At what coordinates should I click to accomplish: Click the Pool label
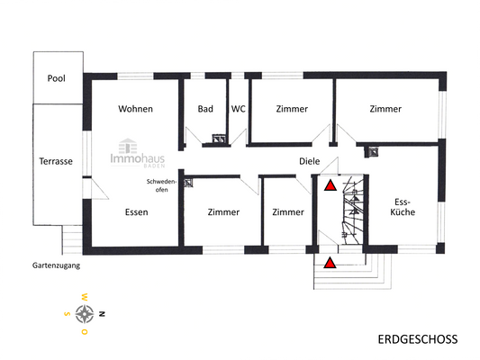click(x=56, y=78)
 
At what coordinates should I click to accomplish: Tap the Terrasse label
click(x=56, y=161)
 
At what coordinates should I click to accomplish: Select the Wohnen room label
click(x=135, y=109)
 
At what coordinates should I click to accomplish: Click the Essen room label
click(x=137, y=212)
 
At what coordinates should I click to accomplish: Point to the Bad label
click(x=205, y=109)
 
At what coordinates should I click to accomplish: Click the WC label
click(x=239, y=109)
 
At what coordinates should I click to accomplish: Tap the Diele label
click(x=311, y=162)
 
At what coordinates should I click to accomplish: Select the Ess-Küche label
click(x=402, y=208)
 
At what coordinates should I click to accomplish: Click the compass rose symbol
click(x=86, y=313)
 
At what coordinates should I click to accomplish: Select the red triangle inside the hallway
click(x=331, y=186)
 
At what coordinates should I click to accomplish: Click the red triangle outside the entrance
click(x=331, y=263)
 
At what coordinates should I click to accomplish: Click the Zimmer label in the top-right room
click(x=385, y=109)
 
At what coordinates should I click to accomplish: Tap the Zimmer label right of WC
click(x=292, y=109)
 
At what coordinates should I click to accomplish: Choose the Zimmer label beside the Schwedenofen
click(x=223, y=212)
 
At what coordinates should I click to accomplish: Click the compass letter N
click(x=104, y=313)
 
